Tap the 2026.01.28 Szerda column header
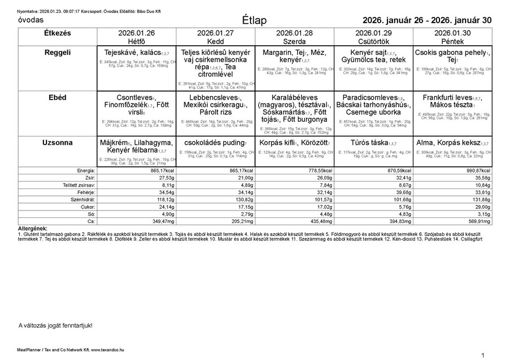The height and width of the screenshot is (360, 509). click(x=295, y=37)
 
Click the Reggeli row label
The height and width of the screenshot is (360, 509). click(x=57, y=53)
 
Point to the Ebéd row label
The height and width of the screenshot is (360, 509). click(x=57, y=97)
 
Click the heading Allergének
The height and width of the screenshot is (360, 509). click(x=33, y=228)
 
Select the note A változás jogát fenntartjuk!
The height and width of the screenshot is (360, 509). click(x=55, y=325)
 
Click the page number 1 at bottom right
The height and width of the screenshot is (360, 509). click(x=483, y=355)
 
